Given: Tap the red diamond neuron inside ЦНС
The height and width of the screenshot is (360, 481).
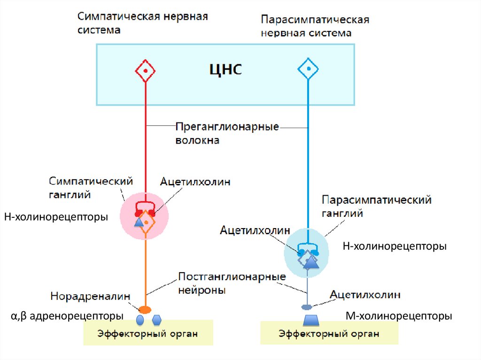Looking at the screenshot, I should click(x=146, y=71).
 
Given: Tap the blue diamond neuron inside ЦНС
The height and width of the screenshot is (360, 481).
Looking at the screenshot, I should click(x=308, y=70).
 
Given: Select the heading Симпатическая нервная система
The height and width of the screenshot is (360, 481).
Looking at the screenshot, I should click(x=143, y=23).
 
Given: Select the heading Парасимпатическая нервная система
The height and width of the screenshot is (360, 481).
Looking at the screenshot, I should click(x=315, y=27).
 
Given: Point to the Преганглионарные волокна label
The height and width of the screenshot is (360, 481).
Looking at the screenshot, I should click(x=227, y=133).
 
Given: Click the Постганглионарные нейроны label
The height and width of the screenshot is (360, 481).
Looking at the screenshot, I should click(x=232, y=283).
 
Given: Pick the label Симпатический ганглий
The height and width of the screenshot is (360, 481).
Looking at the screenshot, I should click(x=91, y=187).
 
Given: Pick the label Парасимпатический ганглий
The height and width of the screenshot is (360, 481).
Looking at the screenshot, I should click(x=376, y=207).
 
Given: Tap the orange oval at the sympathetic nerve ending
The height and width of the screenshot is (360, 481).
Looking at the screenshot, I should click(x=145, y=309).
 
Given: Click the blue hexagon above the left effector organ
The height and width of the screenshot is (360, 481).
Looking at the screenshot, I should click(x=157, y=320).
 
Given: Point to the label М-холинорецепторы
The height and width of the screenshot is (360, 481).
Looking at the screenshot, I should click(x=399, y=316).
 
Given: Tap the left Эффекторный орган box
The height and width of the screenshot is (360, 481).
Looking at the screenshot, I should click(x=147, y=334).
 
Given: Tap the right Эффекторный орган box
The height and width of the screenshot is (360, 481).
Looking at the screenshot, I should click(x=329, y=334).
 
